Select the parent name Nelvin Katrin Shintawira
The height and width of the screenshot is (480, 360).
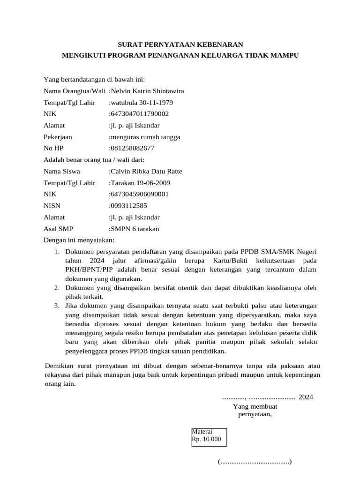click(147, 91)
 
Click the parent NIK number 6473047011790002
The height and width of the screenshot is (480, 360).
click(140, 114)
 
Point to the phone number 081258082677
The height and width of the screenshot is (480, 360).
click(133, 149)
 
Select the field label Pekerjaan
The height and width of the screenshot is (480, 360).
click(58, 137)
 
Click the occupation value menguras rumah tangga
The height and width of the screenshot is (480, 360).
click(145, 137)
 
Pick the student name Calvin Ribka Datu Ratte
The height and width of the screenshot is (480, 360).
click(146, 172)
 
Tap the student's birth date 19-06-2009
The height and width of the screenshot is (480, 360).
click(157, 183)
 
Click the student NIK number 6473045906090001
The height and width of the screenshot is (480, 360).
click(140, 194)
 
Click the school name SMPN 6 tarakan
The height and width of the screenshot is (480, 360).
click(135, 229)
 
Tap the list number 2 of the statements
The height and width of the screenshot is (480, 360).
click(56, 287)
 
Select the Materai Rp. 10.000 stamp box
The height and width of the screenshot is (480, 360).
click(209, 436)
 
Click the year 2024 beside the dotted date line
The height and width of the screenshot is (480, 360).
click(306, 397)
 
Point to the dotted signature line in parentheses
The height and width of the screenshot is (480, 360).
click(255, 462)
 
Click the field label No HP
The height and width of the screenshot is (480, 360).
click(53, 149)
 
